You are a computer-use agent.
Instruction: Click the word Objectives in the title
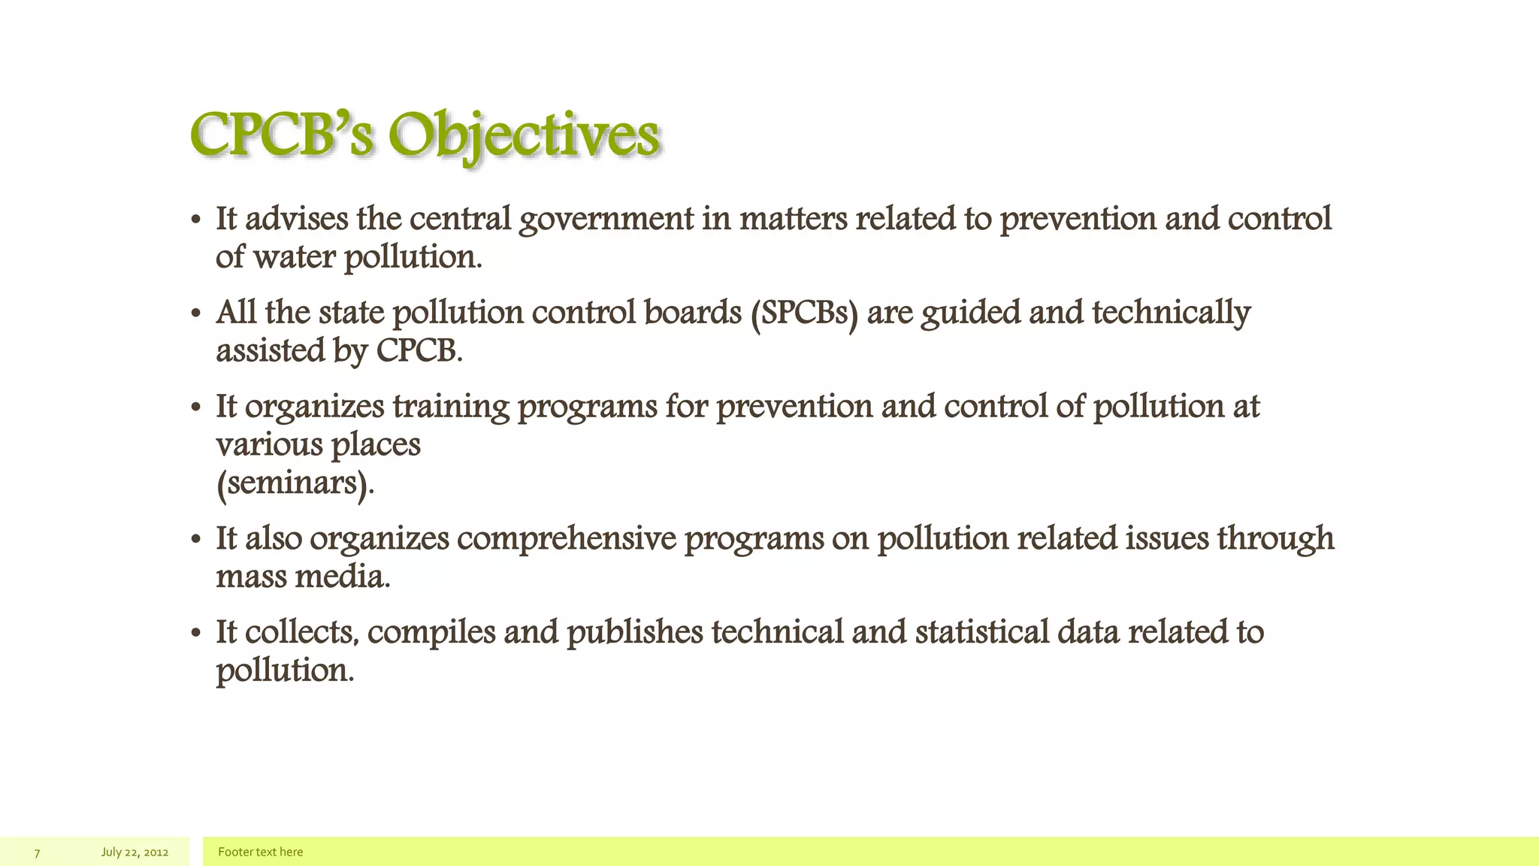click(x=523, y=137)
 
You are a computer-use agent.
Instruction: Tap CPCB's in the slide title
click(x=282, y=135)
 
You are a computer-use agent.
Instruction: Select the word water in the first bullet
click(x=295, y=257)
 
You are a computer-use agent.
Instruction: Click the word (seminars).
click(x=295, y=483)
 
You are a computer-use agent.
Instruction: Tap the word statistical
click(x=982, y=632)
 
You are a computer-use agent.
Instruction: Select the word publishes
click(x=635, y=632)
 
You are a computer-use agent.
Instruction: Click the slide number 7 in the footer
click(x=37, y=852)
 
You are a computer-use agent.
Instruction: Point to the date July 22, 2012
click(x=135, y=852)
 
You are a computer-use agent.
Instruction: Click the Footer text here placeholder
click(x=260, y=852)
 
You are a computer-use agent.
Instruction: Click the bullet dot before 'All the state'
click(x=196, y=314)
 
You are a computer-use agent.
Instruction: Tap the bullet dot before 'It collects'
click(x=196, y=634)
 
